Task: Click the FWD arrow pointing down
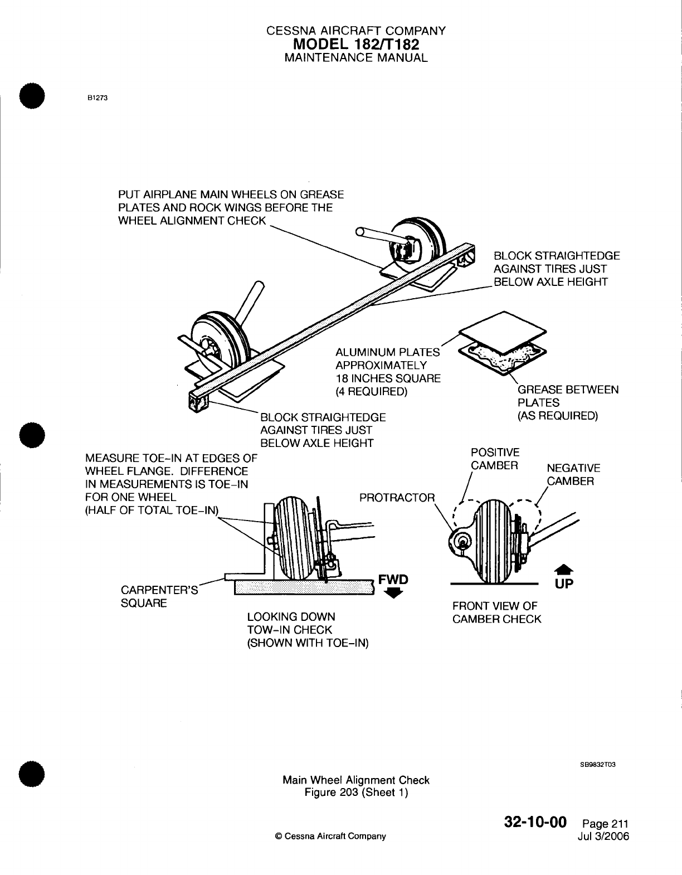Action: tap(393, 594)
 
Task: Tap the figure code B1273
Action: tap(96, 99)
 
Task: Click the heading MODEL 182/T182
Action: tap(356, 44)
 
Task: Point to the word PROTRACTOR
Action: tap(397, 497)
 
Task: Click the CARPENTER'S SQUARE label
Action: tap(159, 597)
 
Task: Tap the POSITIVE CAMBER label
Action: tap(495, 459)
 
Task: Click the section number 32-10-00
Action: tap(535, 823)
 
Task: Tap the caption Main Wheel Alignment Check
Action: tap(356, 780)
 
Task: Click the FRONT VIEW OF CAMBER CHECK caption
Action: tap(496, 612)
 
